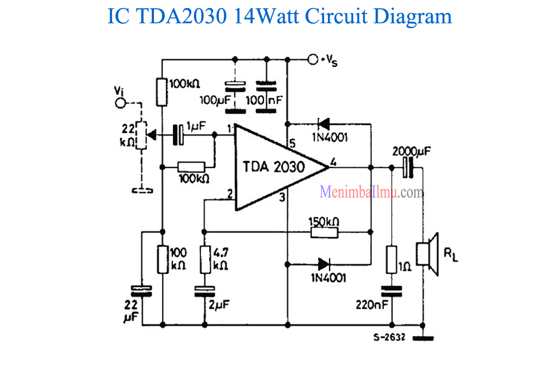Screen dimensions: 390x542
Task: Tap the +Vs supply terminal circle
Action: coord(312,59)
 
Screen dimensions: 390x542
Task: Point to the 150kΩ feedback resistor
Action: coord(324,233)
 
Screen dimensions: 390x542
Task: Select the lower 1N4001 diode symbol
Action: coord(324,265)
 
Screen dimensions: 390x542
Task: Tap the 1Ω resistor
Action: coord(392,259)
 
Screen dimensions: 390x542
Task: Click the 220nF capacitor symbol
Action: coord(392,291)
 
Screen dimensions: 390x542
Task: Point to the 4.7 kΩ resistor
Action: coord(205,259)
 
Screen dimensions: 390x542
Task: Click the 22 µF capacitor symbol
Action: coord(143,290)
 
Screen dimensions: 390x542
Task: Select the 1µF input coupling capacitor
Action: coord(178,134)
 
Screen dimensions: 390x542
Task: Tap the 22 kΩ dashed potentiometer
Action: coord(141,135)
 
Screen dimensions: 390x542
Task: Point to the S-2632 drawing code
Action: coord(388,336)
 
